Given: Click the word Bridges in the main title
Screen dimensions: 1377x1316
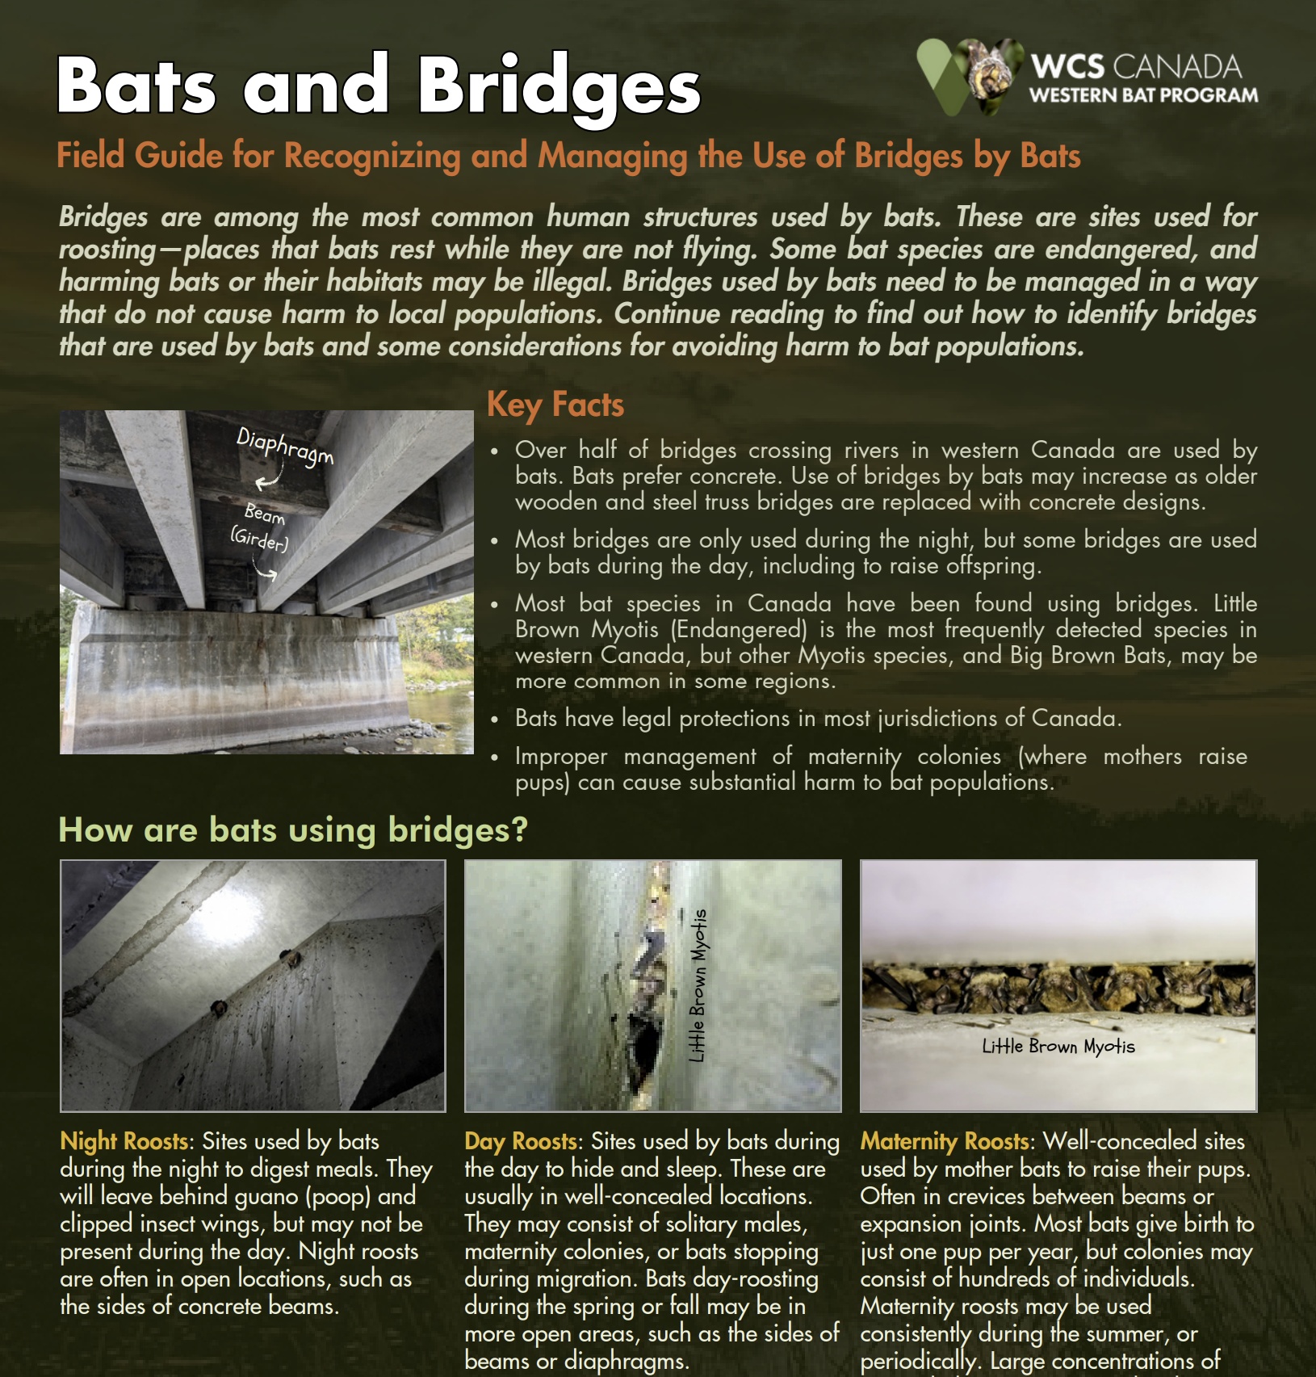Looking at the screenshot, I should pyautogui.click(x=559, y=87).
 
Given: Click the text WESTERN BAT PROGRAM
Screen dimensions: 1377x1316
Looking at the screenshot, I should pyautogui.click(x=1143, y=95).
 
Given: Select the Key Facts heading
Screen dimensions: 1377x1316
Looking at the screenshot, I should pyautogui.click(x=555, y=405).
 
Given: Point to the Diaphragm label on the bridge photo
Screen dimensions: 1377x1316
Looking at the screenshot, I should pyautogui.click(x=284, y=447).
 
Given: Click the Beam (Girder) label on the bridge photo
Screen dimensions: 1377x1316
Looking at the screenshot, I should pyautogui.click(x=261, y=527).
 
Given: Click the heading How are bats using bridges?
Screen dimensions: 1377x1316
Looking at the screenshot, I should pyautogui.click(x=293, y=829).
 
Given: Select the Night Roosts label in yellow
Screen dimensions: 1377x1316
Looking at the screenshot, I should pyautogui.click(x=124, y=1141).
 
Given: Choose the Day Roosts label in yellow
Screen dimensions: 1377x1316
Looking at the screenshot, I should pyautogui.click(x=521, y=1141).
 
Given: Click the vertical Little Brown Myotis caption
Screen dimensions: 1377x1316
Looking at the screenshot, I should pyautogui.click(x=698, y=985).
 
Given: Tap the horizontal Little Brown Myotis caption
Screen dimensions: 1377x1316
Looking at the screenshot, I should pyautogui.click(x=1058, y=1047).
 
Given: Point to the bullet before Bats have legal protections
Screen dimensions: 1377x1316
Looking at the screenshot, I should pyautogui.click(x=495, y=719).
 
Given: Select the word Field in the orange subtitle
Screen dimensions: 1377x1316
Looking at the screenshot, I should pyautogui.click(x=90, y=155).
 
